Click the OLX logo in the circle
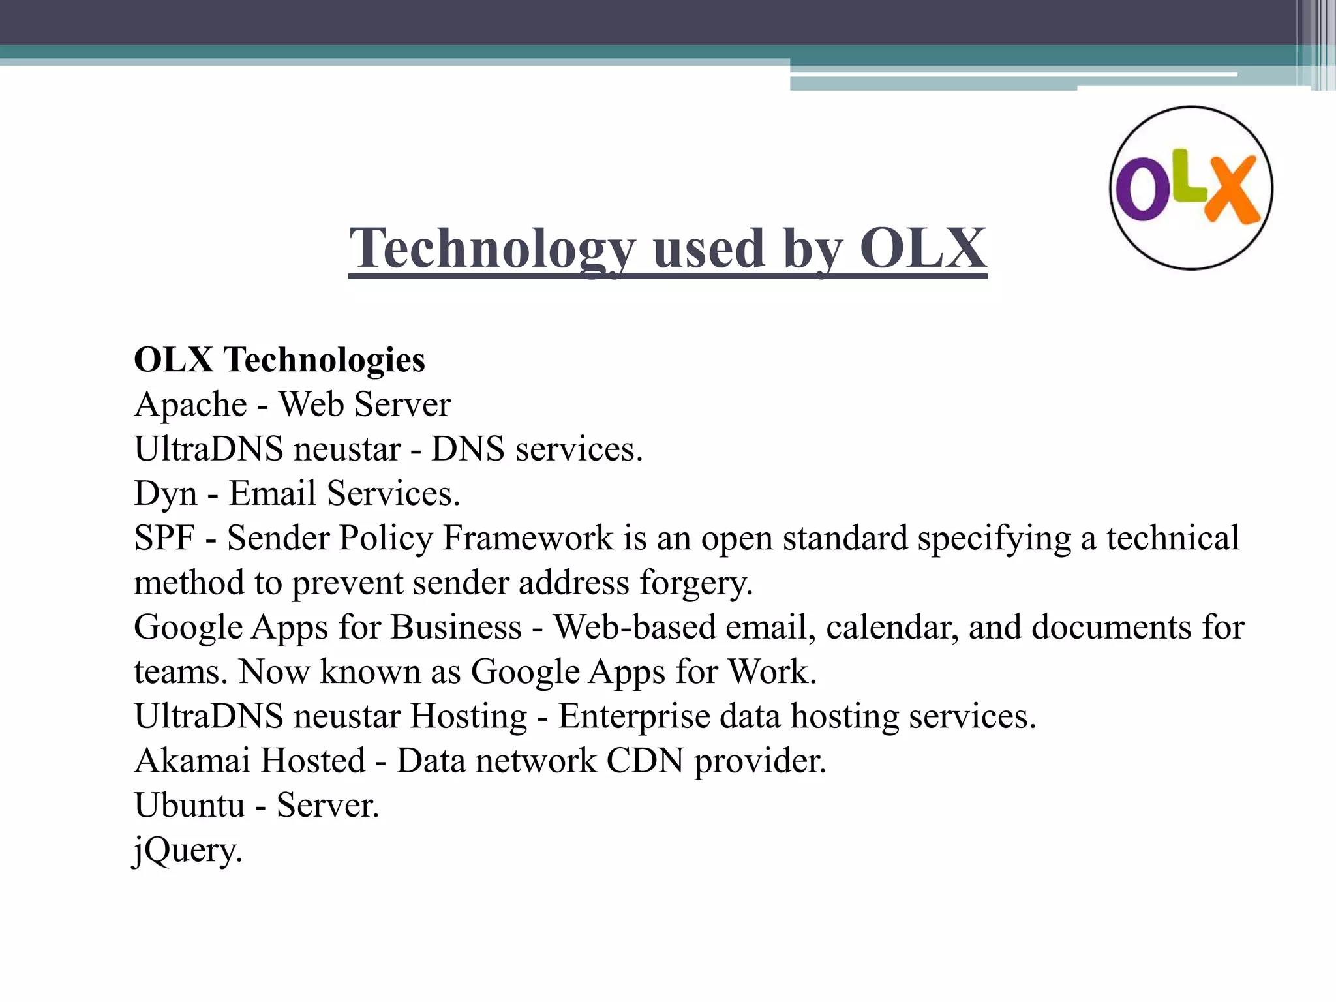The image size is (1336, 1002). click(x=1191, y=188)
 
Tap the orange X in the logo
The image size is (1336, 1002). click(x=1230, y=189)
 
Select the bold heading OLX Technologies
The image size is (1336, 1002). click(x=279, y=359)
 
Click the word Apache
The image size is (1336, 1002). click(x=190, y=404)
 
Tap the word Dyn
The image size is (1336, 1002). click(x=165, y=494)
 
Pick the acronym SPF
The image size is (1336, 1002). click(x=164, y=538)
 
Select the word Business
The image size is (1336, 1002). click(x=456, y=627)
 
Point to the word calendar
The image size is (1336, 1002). click(x=892, y=627)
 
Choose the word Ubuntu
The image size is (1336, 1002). click(x=190, y=805)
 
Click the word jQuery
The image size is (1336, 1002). click(x=188, y=850)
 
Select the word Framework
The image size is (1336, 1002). click(x=528, y=538)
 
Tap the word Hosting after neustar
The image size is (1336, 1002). click(x=468, y=716)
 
